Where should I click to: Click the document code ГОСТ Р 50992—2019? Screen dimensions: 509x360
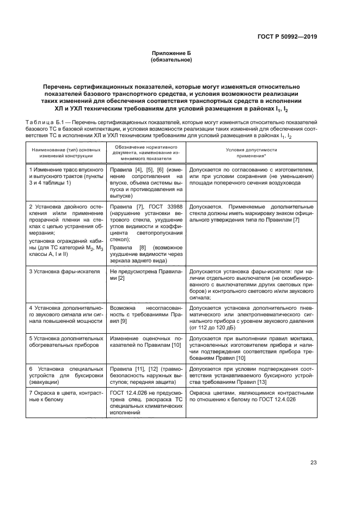[x=291, y=36]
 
